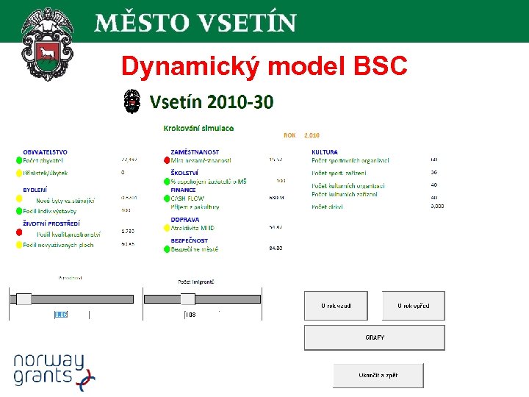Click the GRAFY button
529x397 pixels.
(374, 338)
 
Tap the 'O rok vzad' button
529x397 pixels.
(336, 306)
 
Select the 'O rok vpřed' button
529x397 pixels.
(413, 306)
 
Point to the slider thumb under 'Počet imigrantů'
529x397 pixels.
(187, 299)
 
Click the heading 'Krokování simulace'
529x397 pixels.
(198, 128)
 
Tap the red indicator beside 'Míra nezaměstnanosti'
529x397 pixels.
(166, 160)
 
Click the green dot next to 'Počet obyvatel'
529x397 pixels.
(19, 160)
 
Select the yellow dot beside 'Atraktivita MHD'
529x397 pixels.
(166, 229)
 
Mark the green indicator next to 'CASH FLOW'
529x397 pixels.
(166, 198)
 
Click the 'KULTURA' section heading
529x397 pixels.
(325, 151)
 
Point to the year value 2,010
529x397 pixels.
(312, 135)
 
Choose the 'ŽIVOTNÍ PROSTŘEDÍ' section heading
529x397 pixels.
(51, 223)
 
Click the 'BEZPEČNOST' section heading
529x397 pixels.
(189, 240)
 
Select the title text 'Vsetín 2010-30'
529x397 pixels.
(212, 102)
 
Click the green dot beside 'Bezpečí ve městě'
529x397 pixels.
(166, 249)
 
